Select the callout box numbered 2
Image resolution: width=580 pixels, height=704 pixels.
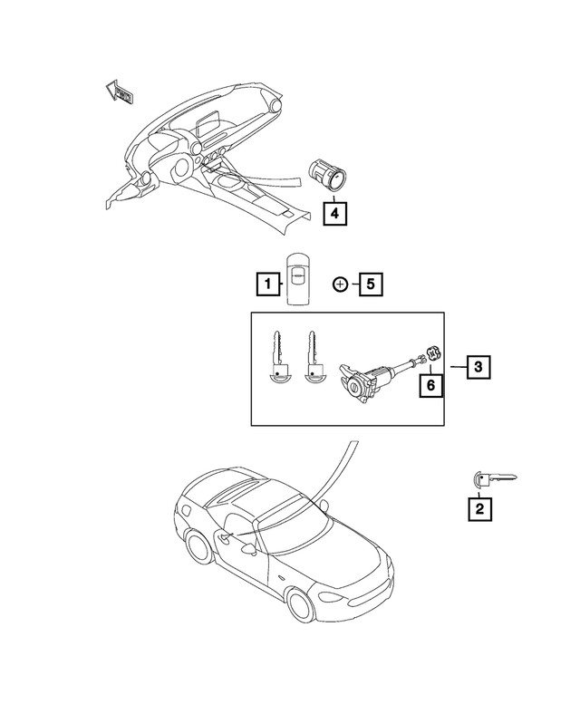[479, 509]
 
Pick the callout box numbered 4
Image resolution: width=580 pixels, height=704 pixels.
[334, 214]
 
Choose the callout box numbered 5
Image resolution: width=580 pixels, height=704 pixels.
[370, 284]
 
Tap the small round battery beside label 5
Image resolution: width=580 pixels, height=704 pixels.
[340, 284]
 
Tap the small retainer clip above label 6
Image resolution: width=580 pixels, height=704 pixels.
[431, 355]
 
